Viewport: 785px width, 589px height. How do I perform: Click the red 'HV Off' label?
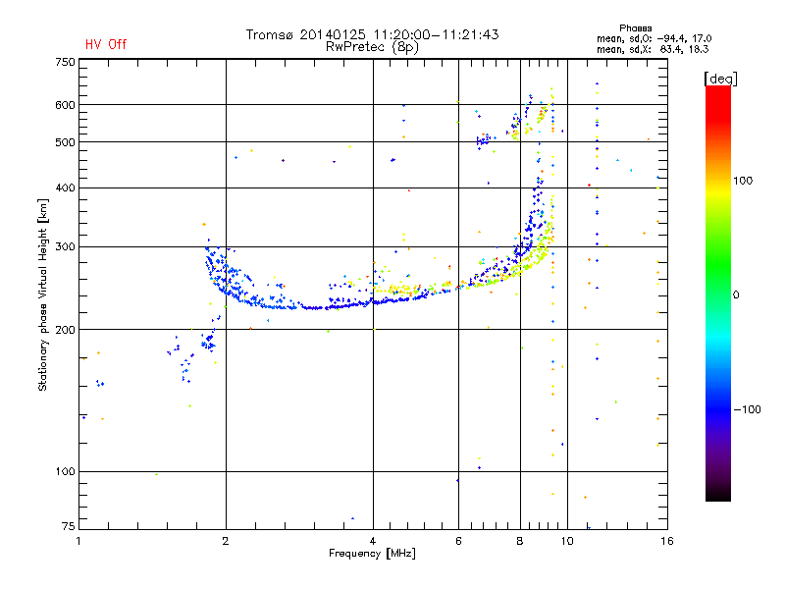[105, 44]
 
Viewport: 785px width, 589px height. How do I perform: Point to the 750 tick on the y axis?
[65, 61]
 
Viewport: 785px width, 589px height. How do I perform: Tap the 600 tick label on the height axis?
[65, 104]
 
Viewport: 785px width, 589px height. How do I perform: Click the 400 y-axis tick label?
[65, 187]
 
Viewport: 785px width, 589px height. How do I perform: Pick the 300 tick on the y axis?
[65, 246]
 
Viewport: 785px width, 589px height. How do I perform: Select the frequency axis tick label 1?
[79, 541]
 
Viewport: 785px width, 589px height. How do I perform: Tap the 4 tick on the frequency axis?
[373, 541]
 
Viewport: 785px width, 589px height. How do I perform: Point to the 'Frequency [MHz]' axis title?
[372, 554]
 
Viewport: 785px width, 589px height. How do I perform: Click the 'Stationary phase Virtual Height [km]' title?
[43, 294]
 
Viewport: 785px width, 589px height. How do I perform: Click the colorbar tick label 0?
[736, 294]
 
